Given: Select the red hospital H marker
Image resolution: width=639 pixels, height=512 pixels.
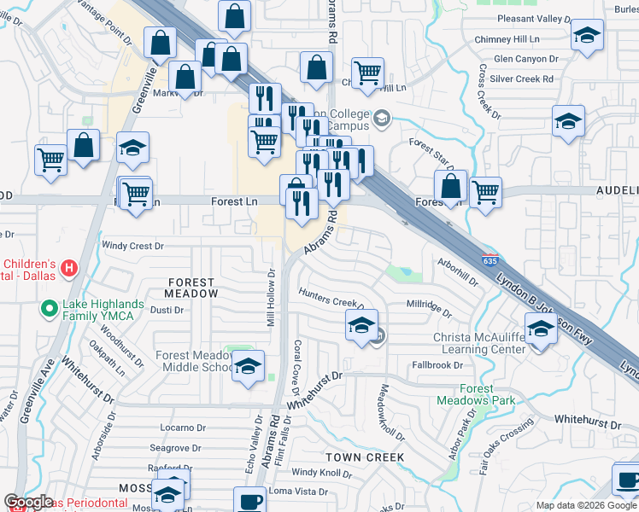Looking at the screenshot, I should pos(70,269).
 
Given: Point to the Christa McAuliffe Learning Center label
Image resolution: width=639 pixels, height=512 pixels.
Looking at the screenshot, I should pos(480,344).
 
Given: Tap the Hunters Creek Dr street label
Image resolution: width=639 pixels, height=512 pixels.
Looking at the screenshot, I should pos(331,299).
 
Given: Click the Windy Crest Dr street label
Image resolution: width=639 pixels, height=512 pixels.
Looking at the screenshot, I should pos(132,246).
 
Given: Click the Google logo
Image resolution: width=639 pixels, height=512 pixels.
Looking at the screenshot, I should pos(28,502).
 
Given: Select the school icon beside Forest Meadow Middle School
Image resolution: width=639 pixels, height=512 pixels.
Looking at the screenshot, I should pos(249,366).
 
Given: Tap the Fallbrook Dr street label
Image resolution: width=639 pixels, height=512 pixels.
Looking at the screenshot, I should pos(437,365).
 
